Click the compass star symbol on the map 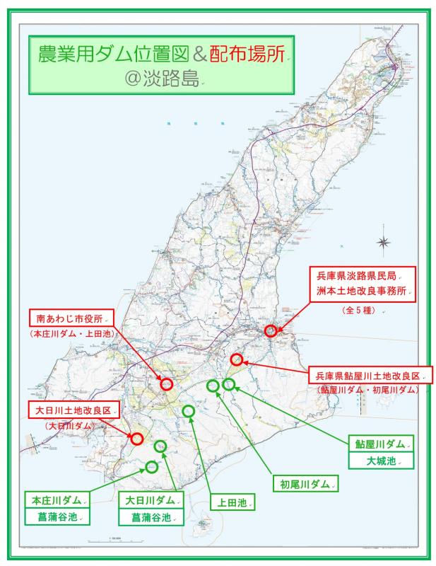pyautogui.click(x=384, y=243)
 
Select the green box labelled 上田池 pyautogui.click(x=232, y=503)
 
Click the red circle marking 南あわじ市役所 pyautogui.click(x=167, y=384)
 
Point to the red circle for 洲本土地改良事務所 pyautogui.click(x=271, y=330)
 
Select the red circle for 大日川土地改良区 pyautogui.click(x=137, y=439)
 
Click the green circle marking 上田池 pyautogui.click(x=189, y=411)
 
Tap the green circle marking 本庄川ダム pyautogui.click(x=152, y=466)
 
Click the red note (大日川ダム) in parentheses pyautogui.click(x=71, y=426)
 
